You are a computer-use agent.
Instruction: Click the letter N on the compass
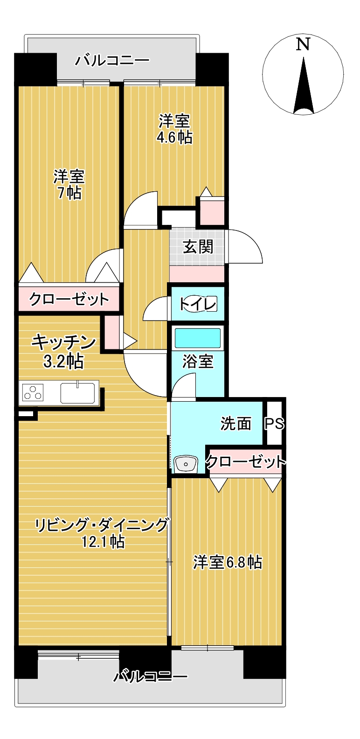(303, 44)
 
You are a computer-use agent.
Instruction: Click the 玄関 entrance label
(198, 246)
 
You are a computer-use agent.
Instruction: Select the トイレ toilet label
(197, 304)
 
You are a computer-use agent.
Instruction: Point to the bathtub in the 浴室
(197, 338)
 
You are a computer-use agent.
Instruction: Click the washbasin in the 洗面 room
(186, 465)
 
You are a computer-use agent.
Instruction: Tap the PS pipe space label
(274, 424)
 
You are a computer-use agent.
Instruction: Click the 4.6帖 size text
(174, 138)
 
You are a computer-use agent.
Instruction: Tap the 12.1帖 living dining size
(103, 542)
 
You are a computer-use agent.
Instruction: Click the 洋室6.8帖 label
(228, 562)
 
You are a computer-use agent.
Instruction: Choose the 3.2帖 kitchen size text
(63, 362)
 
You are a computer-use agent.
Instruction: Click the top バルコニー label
(112, 61)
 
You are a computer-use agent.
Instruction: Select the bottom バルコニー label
(150, 677)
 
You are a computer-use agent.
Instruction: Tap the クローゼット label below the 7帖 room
(69, 299)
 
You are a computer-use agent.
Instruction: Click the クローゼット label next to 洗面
(246, 461)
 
